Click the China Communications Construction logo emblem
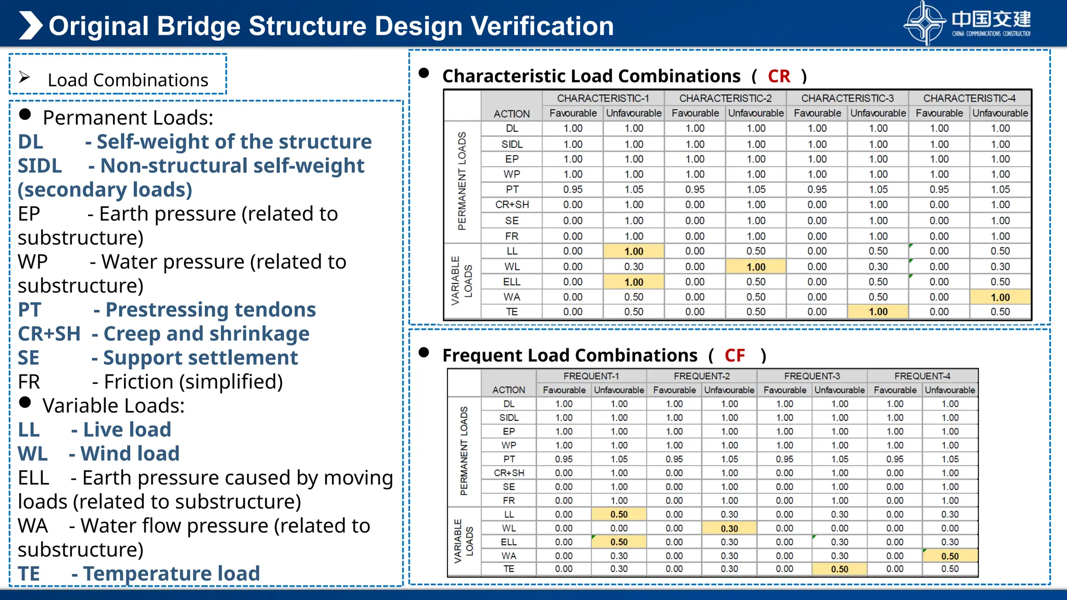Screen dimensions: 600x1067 click(925, 23)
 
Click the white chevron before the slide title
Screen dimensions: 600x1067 click(30, 26)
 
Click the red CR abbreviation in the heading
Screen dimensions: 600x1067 click(779, 77)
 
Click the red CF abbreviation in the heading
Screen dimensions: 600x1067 click(735, 356)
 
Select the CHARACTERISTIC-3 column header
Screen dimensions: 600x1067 click(847, 98)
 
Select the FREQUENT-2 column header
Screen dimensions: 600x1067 click(701, 376)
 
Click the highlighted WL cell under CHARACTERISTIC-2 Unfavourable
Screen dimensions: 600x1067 click(755, 267)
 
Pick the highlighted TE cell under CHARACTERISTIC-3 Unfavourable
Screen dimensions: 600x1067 click(878, 312)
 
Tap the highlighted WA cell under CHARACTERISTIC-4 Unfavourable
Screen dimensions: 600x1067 click(1000, 297)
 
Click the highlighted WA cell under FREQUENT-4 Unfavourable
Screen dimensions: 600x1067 click(950, 556)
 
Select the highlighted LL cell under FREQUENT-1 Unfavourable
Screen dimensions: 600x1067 click(619, 514)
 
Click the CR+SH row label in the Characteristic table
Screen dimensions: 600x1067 click(512, 205)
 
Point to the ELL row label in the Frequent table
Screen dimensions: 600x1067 click(508, 542)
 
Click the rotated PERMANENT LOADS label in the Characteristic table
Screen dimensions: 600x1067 click(462, 181)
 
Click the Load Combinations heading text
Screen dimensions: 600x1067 click(128, 80)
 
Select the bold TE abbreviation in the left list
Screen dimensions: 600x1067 click(29, 573)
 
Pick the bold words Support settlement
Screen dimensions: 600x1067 click(201, 358)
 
